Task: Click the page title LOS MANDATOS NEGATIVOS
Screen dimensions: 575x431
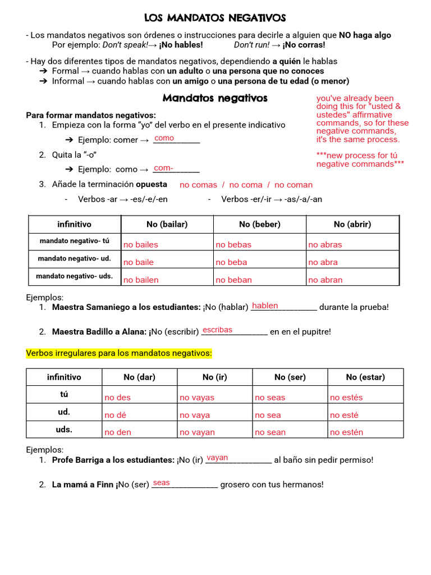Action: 215,19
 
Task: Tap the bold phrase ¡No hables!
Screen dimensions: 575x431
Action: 181,45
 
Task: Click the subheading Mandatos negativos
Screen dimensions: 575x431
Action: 215,98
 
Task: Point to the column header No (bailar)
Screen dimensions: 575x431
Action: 167,224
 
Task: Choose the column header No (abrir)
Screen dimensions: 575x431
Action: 352,224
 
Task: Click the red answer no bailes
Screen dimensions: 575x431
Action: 141,245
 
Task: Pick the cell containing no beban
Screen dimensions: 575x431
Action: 233,280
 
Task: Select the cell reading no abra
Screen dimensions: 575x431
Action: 323,262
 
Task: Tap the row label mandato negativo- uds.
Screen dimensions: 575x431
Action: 74,276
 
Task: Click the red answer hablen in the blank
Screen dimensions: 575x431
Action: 265,306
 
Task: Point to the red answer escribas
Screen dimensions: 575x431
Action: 217,330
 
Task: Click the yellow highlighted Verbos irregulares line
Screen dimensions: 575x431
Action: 119,353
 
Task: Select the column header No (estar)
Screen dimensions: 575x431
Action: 365,377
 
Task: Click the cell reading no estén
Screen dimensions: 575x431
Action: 346,432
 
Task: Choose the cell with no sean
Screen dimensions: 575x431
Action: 270,432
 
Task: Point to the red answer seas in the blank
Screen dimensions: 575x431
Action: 161,483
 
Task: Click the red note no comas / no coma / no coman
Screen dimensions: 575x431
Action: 246,185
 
